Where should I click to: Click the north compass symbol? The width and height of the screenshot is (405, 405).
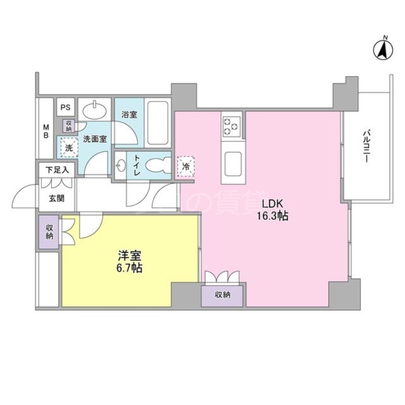pyautogui.click(x=384, y=49)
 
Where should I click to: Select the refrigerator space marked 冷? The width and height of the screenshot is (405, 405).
pyautogui.click(x=186, y=166)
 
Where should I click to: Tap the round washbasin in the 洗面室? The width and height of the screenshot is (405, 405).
pyautogui.click(x=95, y=109)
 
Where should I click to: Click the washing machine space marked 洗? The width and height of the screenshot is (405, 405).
pyautogui.click(x=67, y=148)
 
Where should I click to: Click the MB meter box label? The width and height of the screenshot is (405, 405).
pyautogui.click(x=46, y=131)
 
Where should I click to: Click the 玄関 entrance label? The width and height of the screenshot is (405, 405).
pyautogui.click(x=57, y=198)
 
